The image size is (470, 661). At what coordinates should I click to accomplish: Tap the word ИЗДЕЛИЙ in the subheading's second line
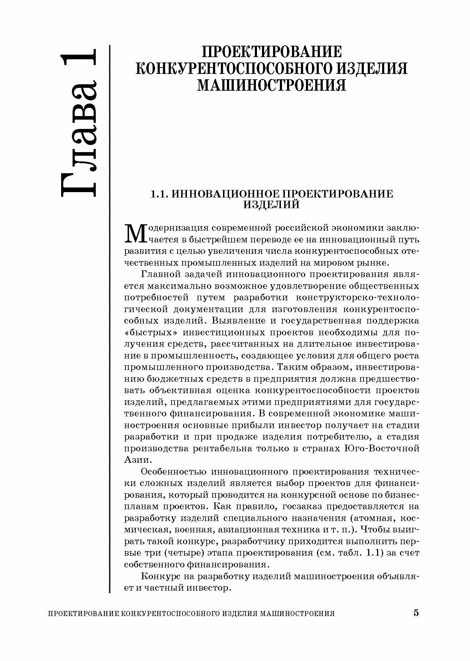click(272, 205)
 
